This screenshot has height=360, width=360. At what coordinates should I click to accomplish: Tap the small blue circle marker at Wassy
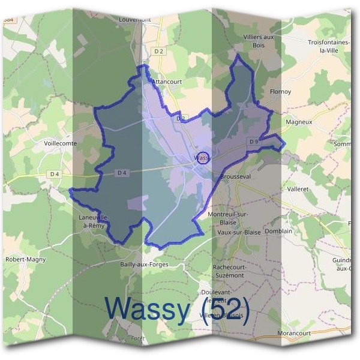tap(203, 157)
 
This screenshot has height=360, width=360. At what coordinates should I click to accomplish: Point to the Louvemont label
tap(135, 19)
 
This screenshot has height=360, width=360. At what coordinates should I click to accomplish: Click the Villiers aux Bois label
tap(259, 41)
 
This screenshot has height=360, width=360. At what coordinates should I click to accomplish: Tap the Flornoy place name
tap(280, 92)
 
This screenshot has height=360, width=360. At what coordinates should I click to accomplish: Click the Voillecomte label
tap(61, 143)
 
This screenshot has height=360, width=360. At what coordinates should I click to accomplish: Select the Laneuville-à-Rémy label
tap(96, 220)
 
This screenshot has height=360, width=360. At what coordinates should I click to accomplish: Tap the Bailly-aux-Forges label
tap(144, 264)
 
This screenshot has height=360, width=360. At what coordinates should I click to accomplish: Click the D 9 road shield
tap(253, 142)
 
